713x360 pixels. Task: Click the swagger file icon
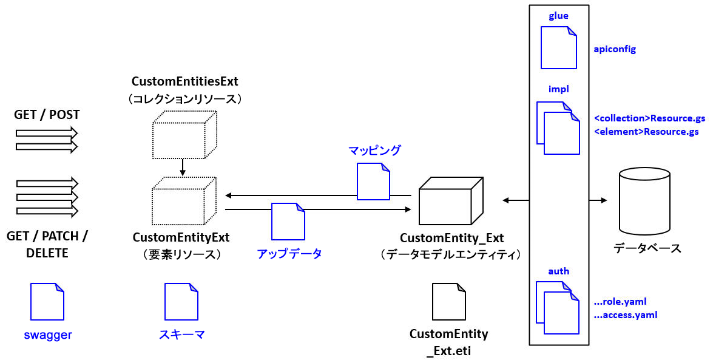47,302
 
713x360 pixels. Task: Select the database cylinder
645,201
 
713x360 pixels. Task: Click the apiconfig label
615,49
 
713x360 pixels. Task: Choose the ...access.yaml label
626,314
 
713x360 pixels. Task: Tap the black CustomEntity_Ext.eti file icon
448,302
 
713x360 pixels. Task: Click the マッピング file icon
373,182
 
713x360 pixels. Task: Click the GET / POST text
47,115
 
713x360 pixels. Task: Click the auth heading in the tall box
558,271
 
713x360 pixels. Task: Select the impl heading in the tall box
558,89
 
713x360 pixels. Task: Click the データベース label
647,248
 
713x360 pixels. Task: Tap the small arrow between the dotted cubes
183,165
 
